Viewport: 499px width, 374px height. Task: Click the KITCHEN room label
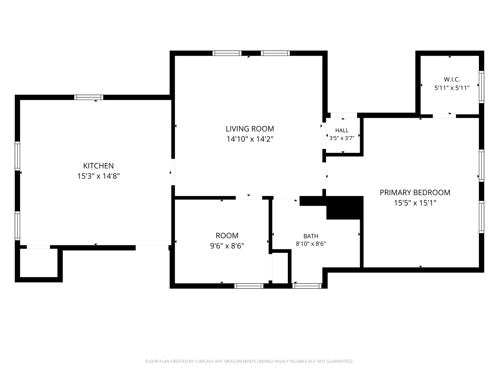pyautogui.click(x=98, y=166)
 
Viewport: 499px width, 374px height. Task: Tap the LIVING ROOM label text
pyautogui.click(x=249, y=129)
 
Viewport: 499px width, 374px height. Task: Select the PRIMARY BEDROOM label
pyautogui.click(x=415, y=193)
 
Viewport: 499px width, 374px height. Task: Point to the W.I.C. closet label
pyautogui.click(x=452, y=80)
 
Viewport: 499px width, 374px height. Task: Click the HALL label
pyautogui.click(x=342, y=130)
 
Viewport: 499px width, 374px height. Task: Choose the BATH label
pyautogui.click(x=311, y=236)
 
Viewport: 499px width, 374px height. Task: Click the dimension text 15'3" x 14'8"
pyautogui.click(x=98, y=176)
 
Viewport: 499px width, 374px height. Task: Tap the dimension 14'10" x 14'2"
pyautogui.click(x=249, y=139)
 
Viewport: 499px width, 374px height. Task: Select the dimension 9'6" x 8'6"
pyautogui.click(x=227, y=246)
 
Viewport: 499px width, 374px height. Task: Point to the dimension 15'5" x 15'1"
pyautogui.click(x=415, y=203)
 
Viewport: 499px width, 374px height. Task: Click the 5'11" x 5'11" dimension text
pyautogui.click(x=452, y=88)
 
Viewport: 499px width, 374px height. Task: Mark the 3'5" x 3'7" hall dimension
pyautogui.click(x=342, y=138)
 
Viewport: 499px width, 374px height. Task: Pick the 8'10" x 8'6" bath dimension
pyautogui.click(x=311, y=244)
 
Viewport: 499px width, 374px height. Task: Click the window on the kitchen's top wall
pyautogui.click(x=89, y=97)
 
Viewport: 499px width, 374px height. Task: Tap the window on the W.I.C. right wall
pyautogui.click(x=481, y=87)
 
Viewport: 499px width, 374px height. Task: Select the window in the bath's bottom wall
pyautogui.click(x=307, y=286)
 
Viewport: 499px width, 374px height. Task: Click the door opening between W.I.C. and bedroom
pyautogui.click(x=444, y=116)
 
